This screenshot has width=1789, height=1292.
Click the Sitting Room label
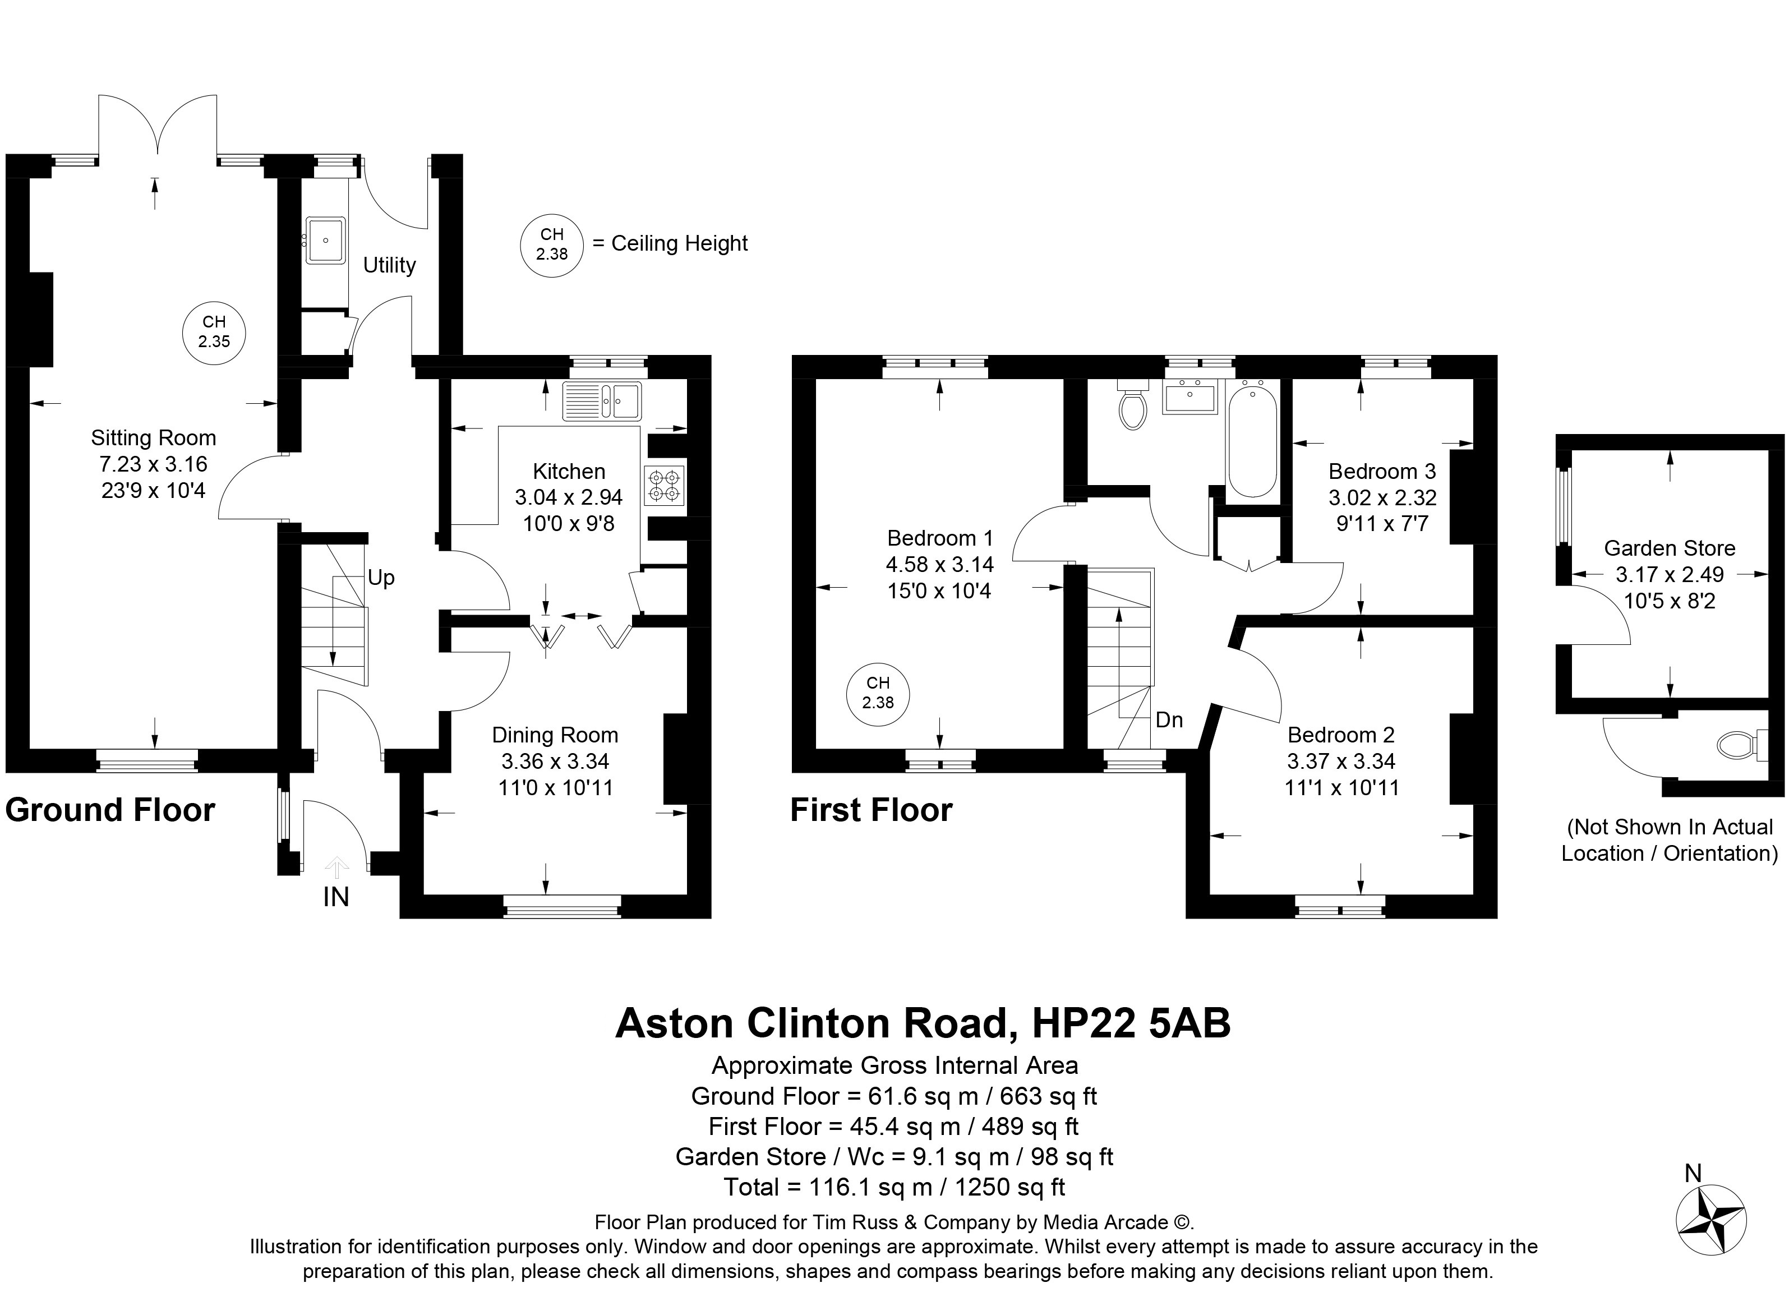(x=153, y=438)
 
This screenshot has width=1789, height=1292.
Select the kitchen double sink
(x=602, y=401)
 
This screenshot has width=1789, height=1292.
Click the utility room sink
(x=324, y=240)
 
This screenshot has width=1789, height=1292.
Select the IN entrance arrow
(x=337, y=868)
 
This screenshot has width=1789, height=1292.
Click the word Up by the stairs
(x=381, y=578)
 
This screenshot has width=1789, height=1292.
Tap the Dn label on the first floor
(x=1169, y=719)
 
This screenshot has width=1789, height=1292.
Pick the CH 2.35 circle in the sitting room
(x=214, y=332)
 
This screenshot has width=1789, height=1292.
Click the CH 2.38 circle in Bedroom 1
(x=878, y=693)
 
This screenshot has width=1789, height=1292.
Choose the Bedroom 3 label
(x=1382, y=471)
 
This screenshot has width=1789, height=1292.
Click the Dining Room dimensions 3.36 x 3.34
(x=555, y=761)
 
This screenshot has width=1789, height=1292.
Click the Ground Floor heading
(x=110, y=810)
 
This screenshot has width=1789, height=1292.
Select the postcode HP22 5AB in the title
(x=1131, y=1023)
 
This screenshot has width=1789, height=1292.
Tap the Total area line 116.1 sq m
(x=895, y=1187)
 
